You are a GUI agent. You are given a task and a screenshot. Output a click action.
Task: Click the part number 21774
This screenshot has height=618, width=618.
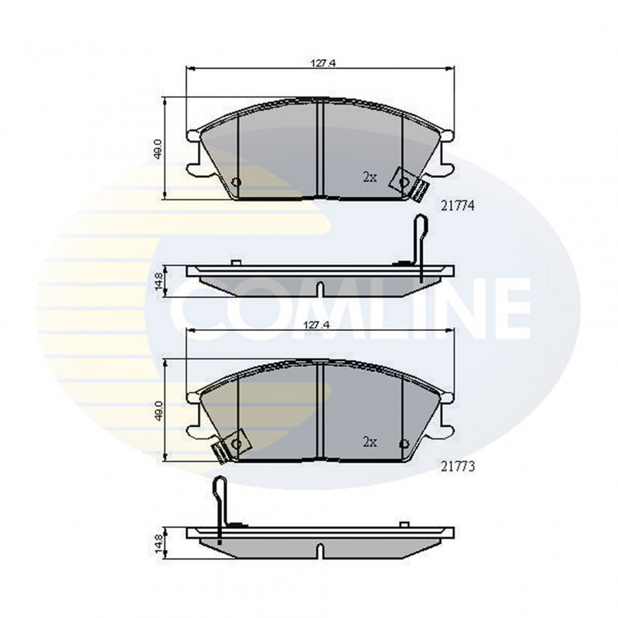(458, 206)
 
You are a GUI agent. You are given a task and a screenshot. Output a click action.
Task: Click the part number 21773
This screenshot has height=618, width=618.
(458, 467)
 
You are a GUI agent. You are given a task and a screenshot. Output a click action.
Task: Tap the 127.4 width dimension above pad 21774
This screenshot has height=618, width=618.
(322, 62)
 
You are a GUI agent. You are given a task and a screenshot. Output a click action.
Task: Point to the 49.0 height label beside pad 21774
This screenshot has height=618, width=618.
(158, 149)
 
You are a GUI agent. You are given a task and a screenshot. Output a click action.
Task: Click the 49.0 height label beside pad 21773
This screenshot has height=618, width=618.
(158, 411)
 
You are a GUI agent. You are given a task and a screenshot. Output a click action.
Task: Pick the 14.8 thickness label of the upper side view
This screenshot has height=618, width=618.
(158, 281)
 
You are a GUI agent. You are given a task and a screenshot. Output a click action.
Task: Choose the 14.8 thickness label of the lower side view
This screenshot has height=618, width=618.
(158, 543)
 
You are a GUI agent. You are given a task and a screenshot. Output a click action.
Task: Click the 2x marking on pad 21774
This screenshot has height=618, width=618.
(370, 177)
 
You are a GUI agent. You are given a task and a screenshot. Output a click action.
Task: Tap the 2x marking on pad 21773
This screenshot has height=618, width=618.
(370, 442)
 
